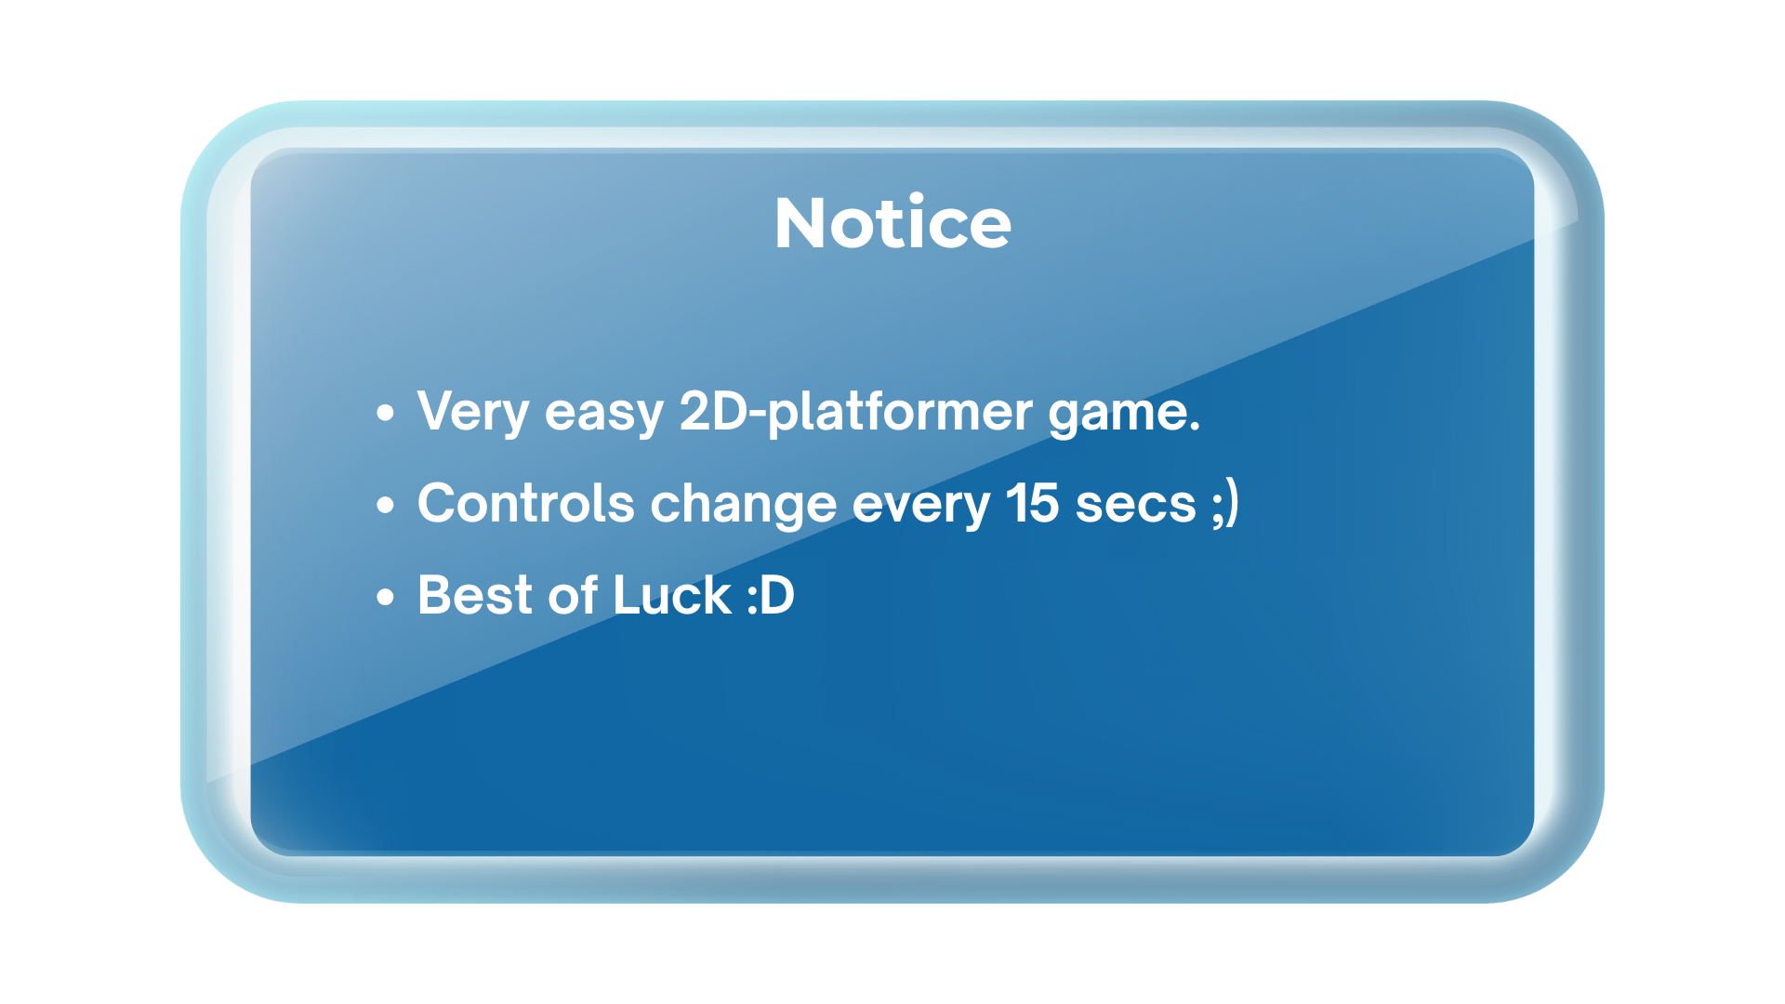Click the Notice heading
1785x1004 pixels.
pyautogui.click(x=892, y=223)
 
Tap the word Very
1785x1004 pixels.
pyautogui.click(x=473, y=413)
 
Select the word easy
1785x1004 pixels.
pyautogui.click(x=604, y=415)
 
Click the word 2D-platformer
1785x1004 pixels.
pyautogui.click(x=855, y=413)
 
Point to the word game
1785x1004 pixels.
pyautogui.click(x=1116, y=415)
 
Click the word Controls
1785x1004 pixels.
pyautogui.click(x=526, y=503)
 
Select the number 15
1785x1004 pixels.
pyautogui.click(x=1032, y=503)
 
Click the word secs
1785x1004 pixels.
pyautogui.click(x=1135, y=507)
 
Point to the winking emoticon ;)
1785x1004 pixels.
pyautogui.click(x=1225, y=503)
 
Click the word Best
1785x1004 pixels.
pyautogui.click(x=474, y=595)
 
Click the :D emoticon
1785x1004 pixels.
pyautogui.click(x=771, y=596)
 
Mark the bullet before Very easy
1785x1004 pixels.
pyautogui.click(x=386, y=413)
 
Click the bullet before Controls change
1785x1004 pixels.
pyautogui.click(x=386, y=505)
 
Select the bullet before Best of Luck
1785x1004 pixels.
pyautogui.click(x=386, y=597)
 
